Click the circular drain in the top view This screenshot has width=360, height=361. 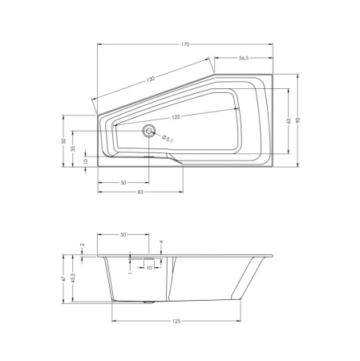[x=147, y=131]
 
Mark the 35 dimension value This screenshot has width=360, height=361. [x=73, y=148]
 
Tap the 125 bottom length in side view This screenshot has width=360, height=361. [x=176, y=320]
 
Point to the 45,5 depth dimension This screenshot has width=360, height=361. [x=73, y=279]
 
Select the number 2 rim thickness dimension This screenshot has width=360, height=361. [x=83, y=245]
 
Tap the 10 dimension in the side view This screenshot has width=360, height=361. [x=149, y=268]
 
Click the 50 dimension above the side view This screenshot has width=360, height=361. [x=123, y=234]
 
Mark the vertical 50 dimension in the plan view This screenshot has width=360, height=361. [x=63, y=140]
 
